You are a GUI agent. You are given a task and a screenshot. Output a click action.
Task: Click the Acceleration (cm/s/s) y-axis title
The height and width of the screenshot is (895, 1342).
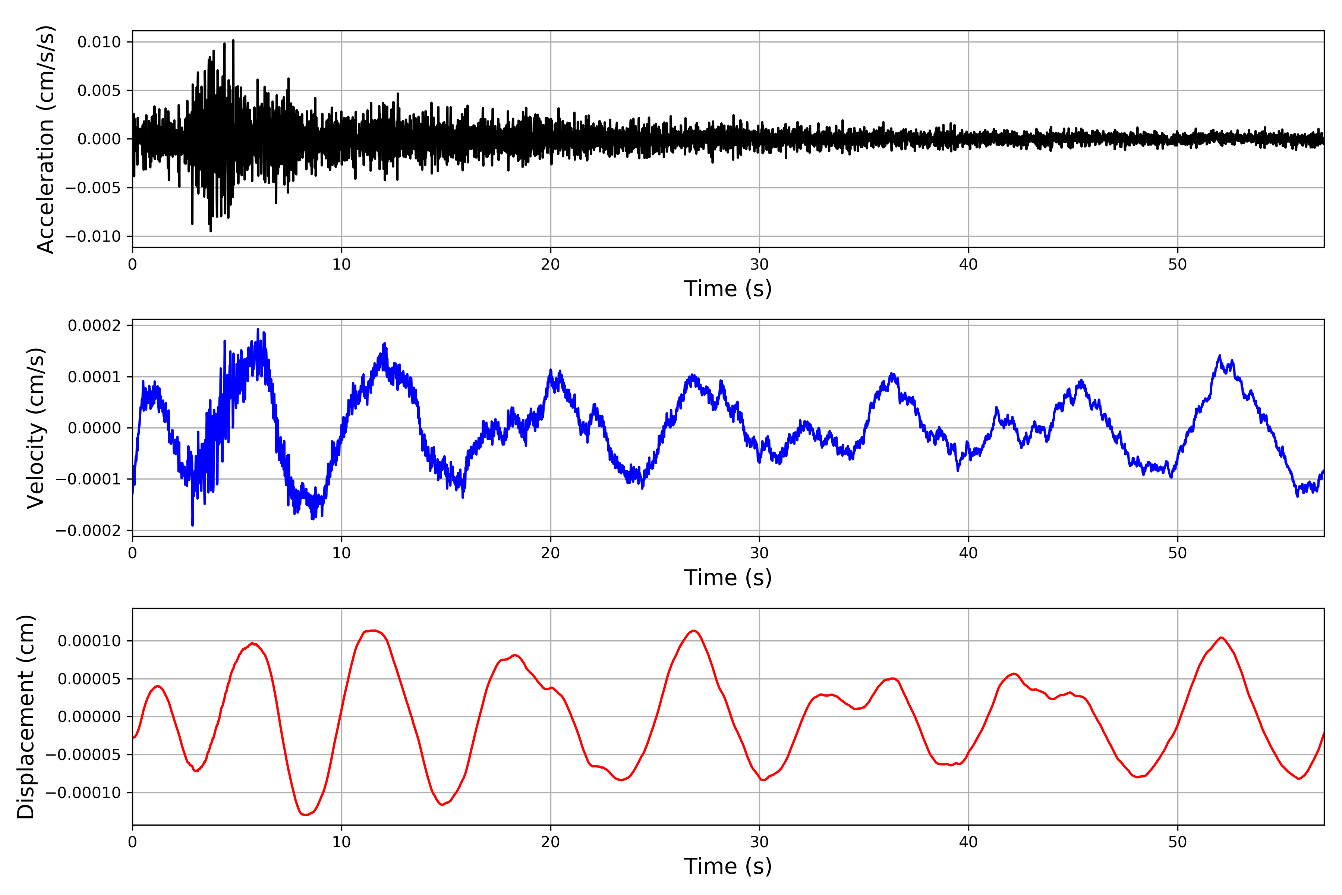click(x=45, y=139)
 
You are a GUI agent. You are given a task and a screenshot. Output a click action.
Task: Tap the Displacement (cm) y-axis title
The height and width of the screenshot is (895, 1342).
click(x=26, y=716)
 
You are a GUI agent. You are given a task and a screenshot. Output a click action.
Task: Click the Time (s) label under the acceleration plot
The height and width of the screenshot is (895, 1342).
click(x=728, y=289)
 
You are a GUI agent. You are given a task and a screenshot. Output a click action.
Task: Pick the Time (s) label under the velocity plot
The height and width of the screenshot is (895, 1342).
click(x=728, y=578)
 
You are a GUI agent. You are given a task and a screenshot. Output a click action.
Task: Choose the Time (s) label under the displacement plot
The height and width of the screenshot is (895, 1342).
click(x=728, y=866)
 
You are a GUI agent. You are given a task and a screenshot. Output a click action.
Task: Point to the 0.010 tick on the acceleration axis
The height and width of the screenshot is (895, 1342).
click(x=99, y=42)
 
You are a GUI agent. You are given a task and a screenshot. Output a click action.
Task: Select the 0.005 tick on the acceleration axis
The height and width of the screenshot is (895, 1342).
click(x=99, y=91)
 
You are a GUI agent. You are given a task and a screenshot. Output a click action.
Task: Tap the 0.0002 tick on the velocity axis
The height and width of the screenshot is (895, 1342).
click(x=94, y=325)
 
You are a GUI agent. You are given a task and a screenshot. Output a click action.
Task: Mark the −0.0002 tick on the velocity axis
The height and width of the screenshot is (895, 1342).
click(x=88, y=531)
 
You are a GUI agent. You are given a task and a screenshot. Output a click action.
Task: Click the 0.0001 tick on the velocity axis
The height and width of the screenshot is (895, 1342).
click(x=94, y=377)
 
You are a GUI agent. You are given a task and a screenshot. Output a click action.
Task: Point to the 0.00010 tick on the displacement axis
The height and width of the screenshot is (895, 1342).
click(x=89, y=641)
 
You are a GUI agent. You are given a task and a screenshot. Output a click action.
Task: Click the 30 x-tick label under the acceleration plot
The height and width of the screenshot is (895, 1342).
click(x=759, y=265)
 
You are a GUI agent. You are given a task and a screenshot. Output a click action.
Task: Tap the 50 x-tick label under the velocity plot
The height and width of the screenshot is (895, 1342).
click(x=1177, y=553)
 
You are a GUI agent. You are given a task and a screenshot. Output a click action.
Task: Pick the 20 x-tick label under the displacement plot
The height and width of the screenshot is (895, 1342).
click(x=551, y=842)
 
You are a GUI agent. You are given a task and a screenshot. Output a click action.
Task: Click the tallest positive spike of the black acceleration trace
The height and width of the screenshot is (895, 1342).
click(x=233, y=41)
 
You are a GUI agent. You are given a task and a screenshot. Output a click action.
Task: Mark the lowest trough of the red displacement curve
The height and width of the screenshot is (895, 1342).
click(x=305, y=814)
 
